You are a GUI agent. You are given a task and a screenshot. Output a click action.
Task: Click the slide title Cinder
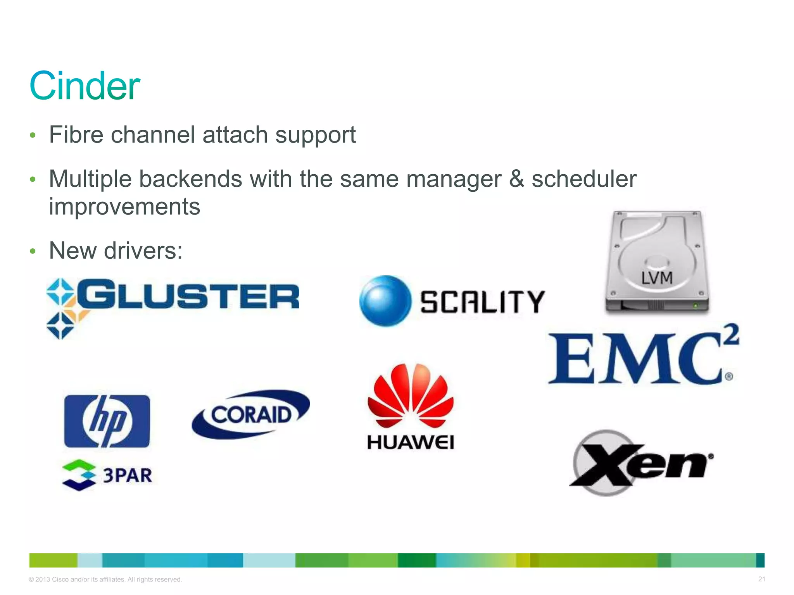tap(85, 86)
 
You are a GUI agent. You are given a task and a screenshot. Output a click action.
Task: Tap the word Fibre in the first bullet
tap(76, 135)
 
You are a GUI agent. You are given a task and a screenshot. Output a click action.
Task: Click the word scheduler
tap(584, 179)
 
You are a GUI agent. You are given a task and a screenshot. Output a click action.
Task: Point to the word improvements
tap(124, 206)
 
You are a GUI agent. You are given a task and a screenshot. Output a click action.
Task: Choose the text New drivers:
tap(116, 251)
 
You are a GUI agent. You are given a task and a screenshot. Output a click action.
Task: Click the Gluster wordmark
tap(188, 297)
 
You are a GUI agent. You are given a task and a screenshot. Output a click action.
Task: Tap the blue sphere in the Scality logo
tap(385, 301)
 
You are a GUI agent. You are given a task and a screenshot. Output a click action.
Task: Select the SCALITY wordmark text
tap(483, 302)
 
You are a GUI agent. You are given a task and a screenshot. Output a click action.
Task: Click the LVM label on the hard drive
tap(657, 278)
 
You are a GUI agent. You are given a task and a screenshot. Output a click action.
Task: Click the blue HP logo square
tap(107, 421)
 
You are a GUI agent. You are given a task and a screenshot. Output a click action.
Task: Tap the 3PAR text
tap(127, 476)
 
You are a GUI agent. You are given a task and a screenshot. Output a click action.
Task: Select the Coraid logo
tap(251, 414)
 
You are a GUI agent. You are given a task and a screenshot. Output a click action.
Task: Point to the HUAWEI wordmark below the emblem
tap(411, 442)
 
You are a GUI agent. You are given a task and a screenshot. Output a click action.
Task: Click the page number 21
tap(762, 579)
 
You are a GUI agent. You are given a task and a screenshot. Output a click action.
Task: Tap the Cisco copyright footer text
tap(105, 580)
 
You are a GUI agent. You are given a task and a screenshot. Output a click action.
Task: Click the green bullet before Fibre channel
tap(33, 135)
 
